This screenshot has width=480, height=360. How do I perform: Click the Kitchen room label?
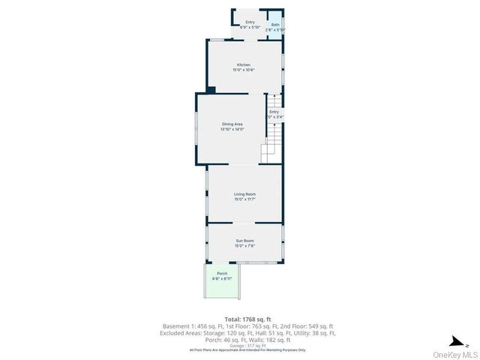244,65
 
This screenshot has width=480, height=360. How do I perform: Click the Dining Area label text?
232,124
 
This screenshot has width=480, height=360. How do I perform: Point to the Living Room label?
244,194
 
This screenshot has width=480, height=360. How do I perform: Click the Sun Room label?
244,241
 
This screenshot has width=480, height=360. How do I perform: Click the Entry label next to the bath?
250,22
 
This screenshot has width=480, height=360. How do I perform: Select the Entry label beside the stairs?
274,112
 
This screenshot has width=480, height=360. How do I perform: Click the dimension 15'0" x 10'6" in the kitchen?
244,70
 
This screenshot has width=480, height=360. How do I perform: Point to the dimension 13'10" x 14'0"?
232,129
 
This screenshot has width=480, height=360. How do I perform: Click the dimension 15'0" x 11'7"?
244,199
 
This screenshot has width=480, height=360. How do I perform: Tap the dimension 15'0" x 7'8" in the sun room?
244,246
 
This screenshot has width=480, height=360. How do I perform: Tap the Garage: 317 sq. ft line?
248,345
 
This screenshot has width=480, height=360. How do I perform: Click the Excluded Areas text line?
248,333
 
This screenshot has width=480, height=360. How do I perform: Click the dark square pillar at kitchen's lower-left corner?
211,91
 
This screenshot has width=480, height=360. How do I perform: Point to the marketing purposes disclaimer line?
248,349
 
